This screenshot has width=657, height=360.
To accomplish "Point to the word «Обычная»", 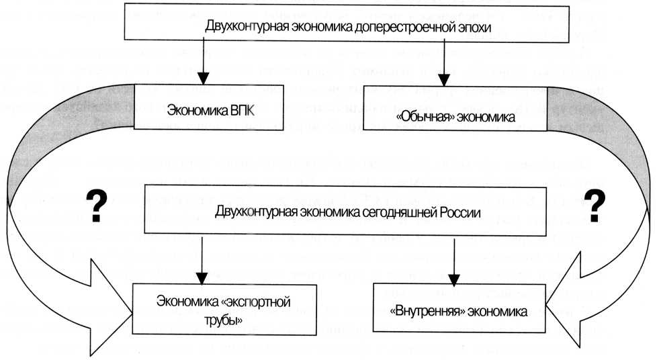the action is pos(425,118).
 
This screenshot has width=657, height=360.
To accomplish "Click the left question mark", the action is pos(96,206).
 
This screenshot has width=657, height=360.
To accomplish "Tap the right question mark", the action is pos(595,206).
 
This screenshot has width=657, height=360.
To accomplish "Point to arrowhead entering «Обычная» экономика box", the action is pos(444,80).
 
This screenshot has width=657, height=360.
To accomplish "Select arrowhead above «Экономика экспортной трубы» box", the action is pos(202,279).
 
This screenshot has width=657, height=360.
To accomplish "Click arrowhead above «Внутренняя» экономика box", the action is pos(454,280).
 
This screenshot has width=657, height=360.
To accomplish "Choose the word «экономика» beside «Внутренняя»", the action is pos(497,312).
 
